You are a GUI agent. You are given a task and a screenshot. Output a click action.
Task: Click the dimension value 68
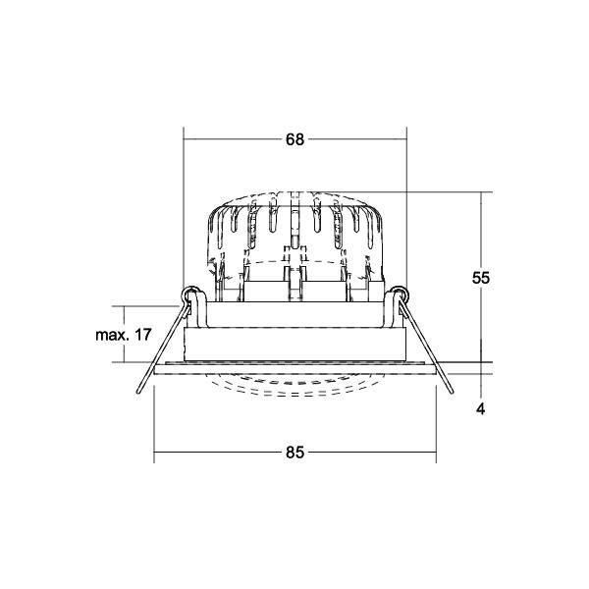pyautogui.click(x=294, y=139)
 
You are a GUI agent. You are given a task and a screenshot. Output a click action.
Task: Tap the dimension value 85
pyautogui.click(x=294, y=453)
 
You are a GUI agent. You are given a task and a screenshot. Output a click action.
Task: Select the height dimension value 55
pyautogui.click(x=481, y=278)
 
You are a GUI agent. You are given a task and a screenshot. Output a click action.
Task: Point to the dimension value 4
pyautogui.click(x=481, y=408)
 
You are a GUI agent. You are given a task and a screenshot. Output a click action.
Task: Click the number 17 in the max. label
pyautogui.click(x=142, y=335)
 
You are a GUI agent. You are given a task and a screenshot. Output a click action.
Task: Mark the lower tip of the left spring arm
pyautogui.click(x=138, y=392)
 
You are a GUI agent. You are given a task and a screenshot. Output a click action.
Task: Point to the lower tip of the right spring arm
pyautogui.click(x=452, y=392)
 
